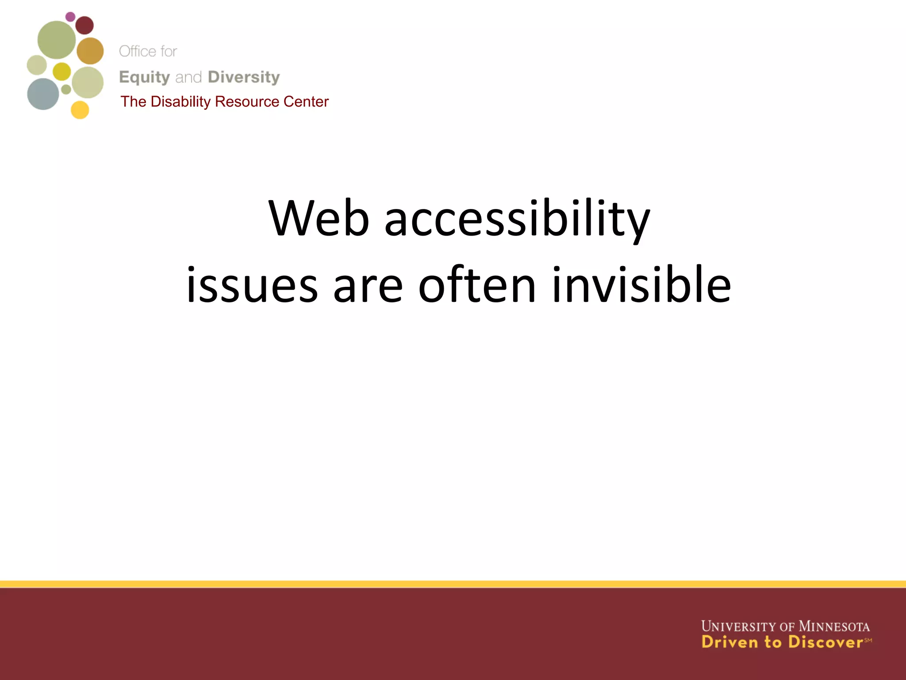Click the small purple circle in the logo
coord(70,17)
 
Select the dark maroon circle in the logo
coord(84,25)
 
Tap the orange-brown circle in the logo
coord(90,51)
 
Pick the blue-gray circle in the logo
coord(43,94)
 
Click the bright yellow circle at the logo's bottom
coord(80,110)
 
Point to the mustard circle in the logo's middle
coord(61,71)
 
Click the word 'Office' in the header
coord(137,51)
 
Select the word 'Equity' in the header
coord(144,77)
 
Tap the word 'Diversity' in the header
coord(244,77)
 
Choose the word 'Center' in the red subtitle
coord(306,102)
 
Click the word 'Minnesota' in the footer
coord(834,626)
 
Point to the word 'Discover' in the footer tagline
coord(825,642)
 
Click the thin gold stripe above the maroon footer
coord(453,584)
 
